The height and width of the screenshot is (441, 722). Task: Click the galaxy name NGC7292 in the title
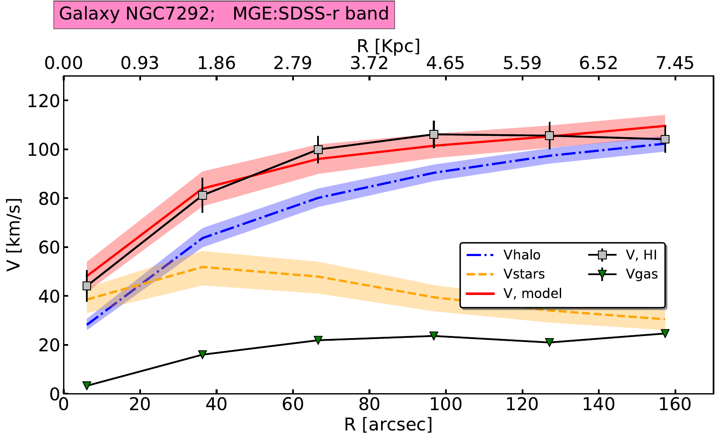pos(168,14)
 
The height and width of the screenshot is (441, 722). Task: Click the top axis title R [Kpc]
pos(388,46)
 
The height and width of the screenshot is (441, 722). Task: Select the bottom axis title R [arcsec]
pos(388,424)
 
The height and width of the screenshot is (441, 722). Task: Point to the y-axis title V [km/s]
pos(14,234)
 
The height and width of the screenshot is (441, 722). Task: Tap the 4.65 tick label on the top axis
pos(445,63)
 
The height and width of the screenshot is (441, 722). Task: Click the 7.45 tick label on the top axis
pos(675,63)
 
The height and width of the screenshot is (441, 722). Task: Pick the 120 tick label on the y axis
pos(42,101)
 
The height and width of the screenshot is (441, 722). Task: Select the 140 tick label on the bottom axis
pos(598,405)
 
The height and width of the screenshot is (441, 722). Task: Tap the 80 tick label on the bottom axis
pos(369,405)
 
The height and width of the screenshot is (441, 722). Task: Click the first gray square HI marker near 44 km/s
pos(87,286)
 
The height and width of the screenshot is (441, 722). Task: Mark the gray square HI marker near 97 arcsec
pos(434,135)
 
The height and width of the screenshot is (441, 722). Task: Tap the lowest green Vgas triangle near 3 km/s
pos(87,385)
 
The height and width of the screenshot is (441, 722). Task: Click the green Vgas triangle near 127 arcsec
pos(549,342)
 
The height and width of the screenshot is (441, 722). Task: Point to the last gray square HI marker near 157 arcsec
pos(665,139)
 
